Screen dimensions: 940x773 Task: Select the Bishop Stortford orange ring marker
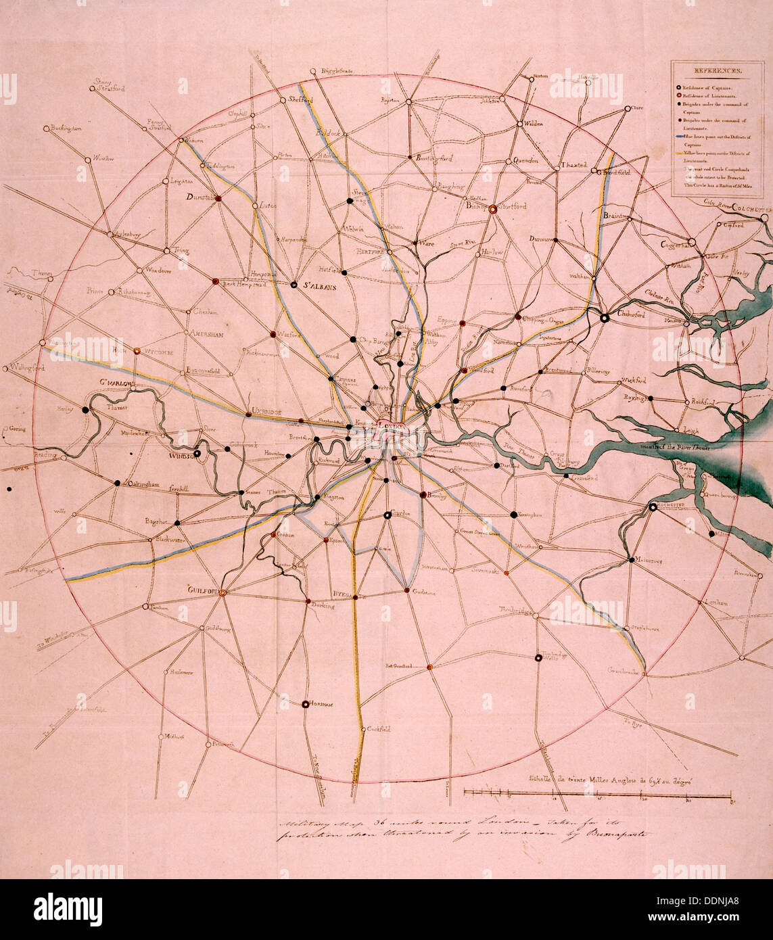tap(493, 209)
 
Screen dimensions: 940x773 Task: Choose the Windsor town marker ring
tap(197, 454)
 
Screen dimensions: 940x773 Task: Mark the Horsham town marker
tap(305, 703)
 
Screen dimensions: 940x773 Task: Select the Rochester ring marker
tap(652, 507)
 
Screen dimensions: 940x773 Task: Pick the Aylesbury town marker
tap(110, 234)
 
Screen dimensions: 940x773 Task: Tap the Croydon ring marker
tap(387, 515)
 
